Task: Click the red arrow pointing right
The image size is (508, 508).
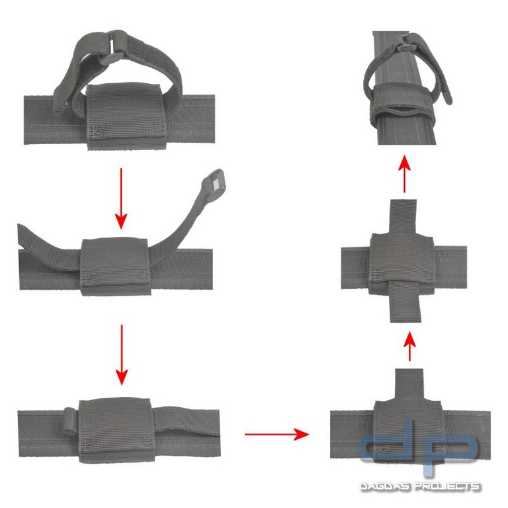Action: click(276, 435)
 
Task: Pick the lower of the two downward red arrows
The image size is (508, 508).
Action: click(120, 354)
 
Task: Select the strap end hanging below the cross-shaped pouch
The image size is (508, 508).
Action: click(405, 300)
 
